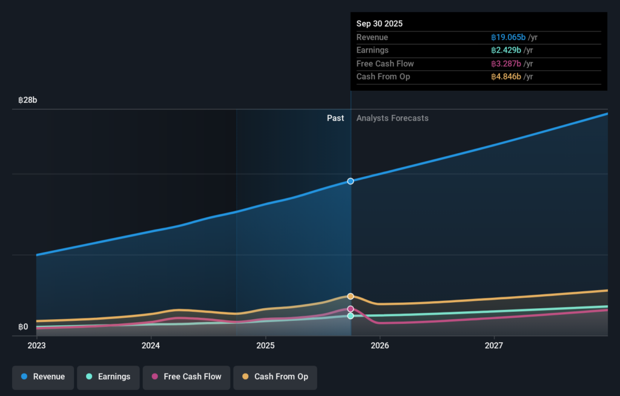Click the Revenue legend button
(x=43, y=377)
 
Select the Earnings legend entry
(x=108, y=377)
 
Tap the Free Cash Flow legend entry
(x=186, y=377)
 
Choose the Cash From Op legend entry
(x=275, y=377)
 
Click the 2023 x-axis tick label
(x=36, y=346)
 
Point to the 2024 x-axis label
(x=151, y=346)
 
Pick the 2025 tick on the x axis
(x=265, y=346)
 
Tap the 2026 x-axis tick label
(x=380, y=346)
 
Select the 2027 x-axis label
(x=494, y=346)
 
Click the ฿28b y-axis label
(x=28, y=100)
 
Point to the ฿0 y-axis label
(x=23, y=327)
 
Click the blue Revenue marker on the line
(x=351, y=181)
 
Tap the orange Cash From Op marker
(x=351, y=296)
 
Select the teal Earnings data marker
(x=351, y=316)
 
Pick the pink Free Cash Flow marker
(x=351, y=309)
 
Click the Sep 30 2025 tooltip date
(x=380, y=24)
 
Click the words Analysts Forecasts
(x=392, y=118)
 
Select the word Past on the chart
(x=335, y=118)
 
